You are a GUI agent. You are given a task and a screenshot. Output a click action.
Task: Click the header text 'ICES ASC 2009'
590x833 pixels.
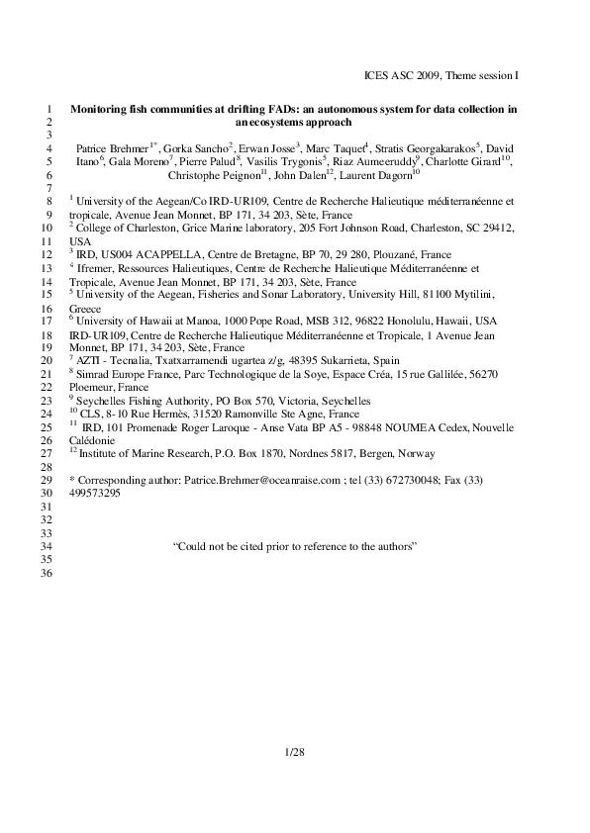[x=399, y=75]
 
